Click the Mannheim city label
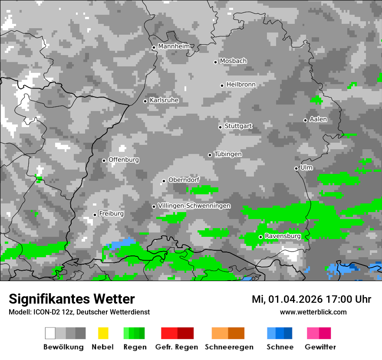(x=174, y=46)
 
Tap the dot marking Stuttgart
(x=220, y=127)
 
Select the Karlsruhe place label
(x=164, y=100)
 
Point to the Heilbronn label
(x=241, y=85)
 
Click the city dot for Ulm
(x=296, y=168)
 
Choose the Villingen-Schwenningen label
(x=194, y=206)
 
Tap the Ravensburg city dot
(x=260, y=237)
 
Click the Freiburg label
(x=111, y=214)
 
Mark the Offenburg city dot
(x=104, y=160)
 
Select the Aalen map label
(x=318, y=119)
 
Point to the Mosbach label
(x=233, y=61)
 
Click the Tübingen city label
(x=228, y=154)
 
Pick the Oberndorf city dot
(x=164, y=181)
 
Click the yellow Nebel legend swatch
(x=103, y=333)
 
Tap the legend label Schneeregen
(x=229, y=347)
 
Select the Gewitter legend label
(x=320, y=347)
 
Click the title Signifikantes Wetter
(x=72, y=299)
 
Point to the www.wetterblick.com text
(x=313, y=312)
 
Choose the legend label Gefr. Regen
(x=177, y=347)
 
